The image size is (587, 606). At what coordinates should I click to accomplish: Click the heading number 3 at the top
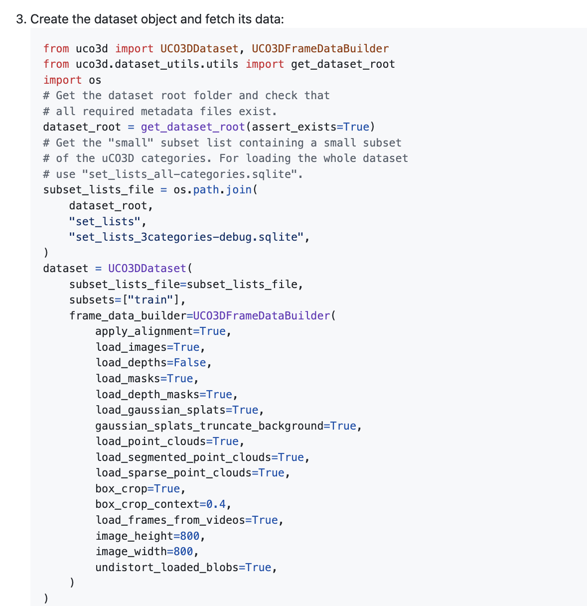tap(20, 19)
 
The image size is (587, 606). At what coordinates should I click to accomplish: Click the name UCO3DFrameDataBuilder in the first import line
tap(320, 49)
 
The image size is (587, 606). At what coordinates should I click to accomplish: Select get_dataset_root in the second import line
tap(343, 64)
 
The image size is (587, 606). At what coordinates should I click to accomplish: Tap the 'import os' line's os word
tap(95, 80)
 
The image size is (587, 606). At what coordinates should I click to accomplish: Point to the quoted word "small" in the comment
tap(131, 143)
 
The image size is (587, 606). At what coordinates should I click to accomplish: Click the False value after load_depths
tap(189, 363)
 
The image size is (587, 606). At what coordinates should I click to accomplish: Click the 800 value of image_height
tap(189, 536)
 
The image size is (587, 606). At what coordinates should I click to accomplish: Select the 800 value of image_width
tap(183, 552)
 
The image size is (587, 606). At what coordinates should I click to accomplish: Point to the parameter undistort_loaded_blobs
tap(167, 568)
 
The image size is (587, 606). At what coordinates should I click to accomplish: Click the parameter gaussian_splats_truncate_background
tap(209, 426)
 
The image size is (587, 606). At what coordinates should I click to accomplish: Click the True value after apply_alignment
tap(213, 331)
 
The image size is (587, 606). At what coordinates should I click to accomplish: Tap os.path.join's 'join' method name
tap(239, 190)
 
